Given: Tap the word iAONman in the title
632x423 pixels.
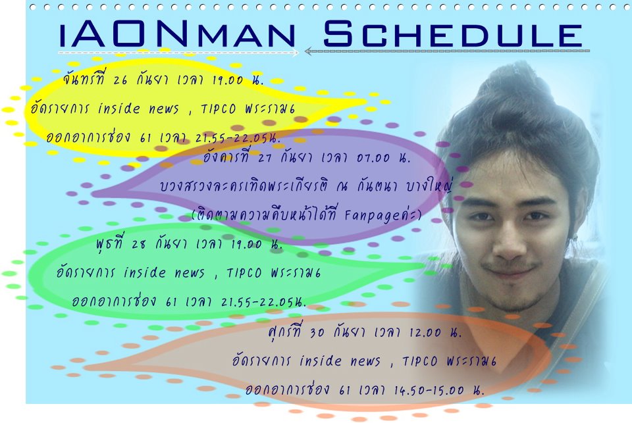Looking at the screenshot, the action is [x=178, y=35].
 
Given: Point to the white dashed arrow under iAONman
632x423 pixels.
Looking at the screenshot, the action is [x=178, y=53].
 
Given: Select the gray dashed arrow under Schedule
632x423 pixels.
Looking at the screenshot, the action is [x=447, y=51].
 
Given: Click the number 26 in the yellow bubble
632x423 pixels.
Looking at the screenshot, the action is [x=120, y=80].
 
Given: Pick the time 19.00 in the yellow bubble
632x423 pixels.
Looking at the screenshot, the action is [x=228, y=80].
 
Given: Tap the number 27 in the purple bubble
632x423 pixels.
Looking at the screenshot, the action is [x=265, y=157].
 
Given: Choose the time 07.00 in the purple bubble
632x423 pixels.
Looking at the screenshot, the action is [x=373, y=157].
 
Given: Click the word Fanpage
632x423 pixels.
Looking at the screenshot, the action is [x=373, y=216].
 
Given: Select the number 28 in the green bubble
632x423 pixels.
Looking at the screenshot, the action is [x=139, y=244].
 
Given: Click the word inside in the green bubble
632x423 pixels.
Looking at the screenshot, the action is [x=145, y=272].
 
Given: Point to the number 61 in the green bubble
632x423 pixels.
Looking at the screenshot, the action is [x=171, y=302].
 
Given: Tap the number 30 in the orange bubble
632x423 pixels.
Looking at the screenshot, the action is [x=317, y=332].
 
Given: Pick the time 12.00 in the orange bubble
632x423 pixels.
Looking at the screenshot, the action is [x=425, y=332].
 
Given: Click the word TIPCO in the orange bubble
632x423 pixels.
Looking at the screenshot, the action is [x=420, y=361].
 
